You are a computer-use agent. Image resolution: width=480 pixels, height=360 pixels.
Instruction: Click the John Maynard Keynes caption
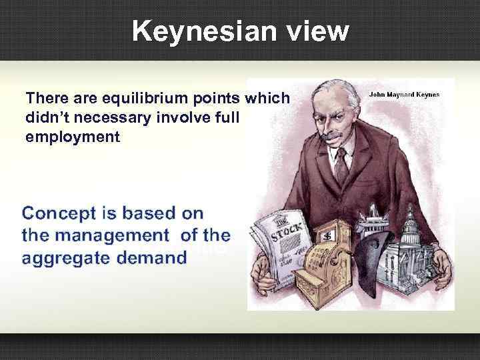click(403, 95)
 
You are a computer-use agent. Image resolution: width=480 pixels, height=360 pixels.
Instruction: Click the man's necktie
click(341, 164)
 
